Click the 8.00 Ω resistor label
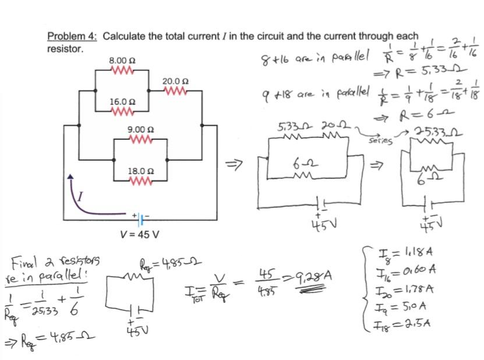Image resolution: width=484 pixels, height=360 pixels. click(x=122, y=61)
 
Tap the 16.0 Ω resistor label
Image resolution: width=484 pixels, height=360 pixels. click(x=122, y=102)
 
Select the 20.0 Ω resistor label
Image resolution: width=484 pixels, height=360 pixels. click(x=175, y=81)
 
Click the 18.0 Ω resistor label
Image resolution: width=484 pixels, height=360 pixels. click(x=140, y=171)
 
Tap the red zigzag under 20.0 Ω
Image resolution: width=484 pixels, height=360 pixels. click(x=175, y=91)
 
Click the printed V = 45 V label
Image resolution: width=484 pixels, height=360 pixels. click(x=139, y=235)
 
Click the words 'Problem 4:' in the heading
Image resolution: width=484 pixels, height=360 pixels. click(x=72, y=37)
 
